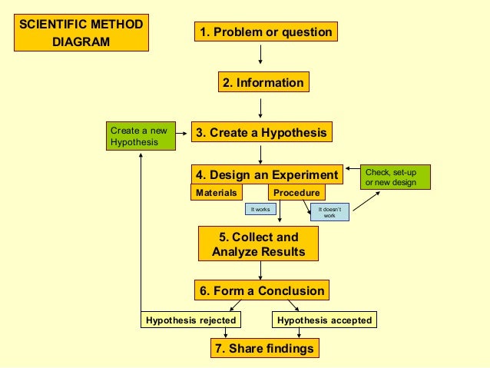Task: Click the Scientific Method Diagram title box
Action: (x=81, y=33)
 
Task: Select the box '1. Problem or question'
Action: (x=266, y=32)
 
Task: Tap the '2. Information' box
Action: (x=263, y=82)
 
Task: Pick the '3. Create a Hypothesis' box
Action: (x=261, y=132)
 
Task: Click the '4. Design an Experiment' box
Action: (x=267, y=174)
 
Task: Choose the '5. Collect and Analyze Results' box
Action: (x=258, y=244)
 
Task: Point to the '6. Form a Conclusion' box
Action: (x=262, y=290)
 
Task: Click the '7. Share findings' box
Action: (x=263, y=348)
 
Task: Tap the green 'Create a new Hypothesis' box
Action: (x=140, y=136)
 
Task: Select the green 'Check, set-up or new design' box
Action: (x=396, y=177)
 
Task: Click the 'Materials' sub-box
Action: (x=216, y=192)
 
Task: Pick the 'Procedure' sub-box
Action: (x=296, y=192)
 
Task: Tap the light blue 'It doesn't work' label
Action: (x=329, y=212)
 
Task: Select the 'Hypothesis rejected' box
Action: (x=191, y=320)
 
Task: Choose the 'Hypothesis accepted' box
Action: (x=324, y=320)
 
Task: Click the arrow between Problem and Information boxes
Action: (x=261, y=55)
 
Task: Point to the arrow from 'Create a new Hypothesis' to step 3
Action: (x=183, y=133)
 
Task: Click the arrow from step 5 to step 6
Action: (x=261, y=270)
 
